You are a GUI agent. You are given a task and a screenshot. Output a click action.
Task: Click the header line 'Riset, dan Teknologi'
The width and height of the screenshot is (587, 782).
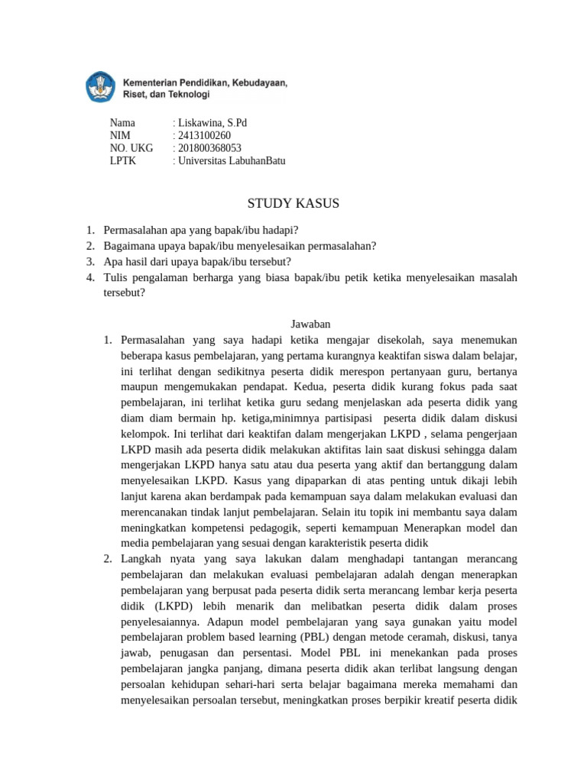coord(166,95)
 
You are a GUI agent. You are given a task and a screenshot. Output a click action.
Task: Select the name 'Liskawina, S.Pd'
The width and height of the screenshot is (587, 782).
coord(212,122)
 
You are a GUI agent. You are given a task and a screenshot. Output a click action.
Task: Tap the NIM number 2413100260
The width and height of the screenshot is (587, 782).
coord(204,135)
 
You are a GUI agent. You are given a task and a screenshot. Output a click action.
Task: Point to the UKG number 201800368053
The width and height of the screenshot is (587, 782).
coord(209,148)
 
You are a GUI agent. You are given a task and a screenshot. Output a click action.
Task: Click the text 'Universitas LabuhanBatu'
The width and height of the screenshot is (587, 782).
coord(231,161)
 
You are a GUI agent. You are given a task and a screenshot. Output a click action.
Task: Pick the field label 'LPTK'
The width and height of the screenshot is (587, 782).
coord(123,161)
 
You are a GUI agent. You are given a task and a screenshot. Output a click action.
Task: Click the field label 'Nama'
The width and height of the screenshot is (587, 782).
coord(122,122)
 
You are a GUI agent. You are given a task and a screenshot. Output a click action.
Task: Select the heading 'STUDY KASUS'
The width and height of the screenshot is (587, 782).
coord(293,203)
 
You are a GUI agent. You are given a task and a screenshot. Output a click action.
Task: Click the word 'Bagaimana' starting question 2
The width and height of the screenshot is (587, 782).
coord(129,245)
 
